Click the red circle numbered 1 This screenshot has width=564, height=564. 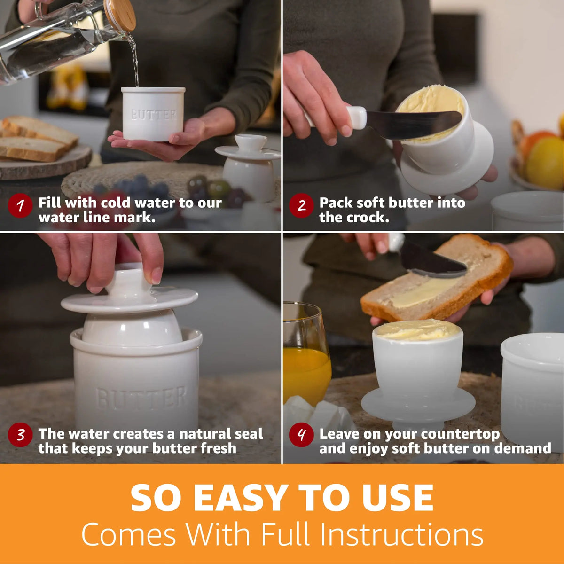click(x=20, y=205)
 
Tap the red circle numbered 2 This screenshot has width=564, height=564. click(x=301, y=205)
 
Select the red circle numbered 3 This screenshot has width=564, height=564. click(x=20, y=435)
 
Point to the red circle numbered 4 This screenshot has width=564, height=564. click(x=301, y=435)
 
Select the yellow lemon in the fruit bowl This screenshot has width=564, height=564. click(x=545, y=163)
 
